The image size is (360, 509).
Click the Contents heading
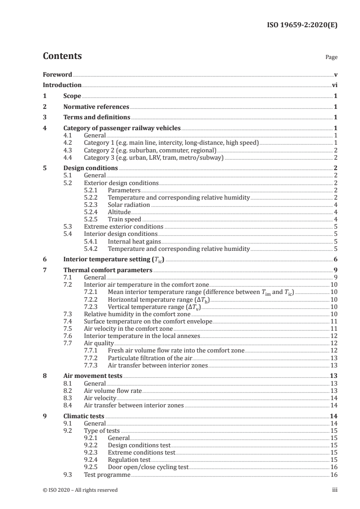pos(62,57)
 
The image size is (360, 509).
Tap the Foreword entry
pos(57,74)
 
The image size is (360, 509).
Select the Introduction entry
pos(62,85)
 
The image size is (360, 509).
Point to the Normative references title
pos(96,107)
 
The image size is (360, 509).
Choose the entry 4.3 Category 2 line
pos(150,150)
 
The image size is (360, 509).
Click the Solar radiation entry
pos(129,205)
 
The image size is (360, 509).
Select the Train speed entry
pos(124,219)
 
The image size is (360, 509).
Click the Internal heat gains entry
pos(134,241)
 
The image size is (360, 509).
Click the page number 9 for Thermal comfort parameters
pos(335,270)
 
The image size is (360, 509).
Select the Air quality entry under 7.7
pos(99,343)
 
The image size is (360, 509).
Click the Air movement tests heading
pos(93,376)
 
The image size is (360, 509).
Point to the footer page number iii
pos(335,490)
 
